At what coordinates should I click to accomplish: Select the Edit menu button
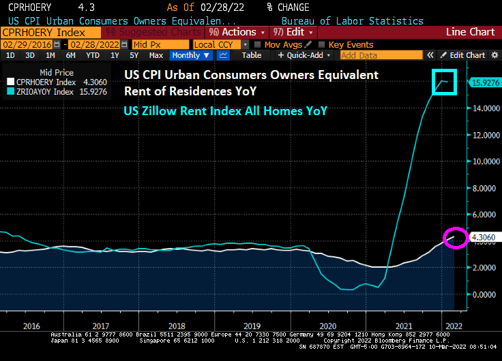point(294,32)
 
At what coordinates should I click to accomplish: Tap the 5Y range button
point(134,55)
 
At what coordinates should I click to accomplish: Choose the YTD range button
point(92,55)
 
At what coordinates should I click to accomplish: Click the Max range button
point(156,55)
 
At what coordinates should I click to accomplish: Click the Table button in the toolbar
point(252,55)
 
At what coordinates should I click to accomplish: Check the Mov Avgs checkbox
point(257,44)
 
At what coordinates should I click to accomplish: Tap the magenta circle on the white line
point(456,238)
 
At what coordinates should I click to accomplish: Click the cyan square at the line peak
point(445,82)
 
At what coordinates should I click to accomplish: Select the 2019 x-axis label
point(251,326)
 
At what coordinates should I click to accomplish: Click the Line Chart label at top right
point(470,32)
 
